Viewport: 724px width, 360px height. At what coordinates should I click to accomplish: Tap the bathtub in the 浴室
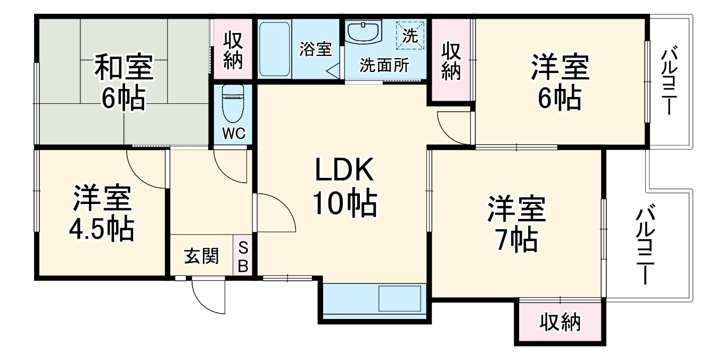pos(275,48)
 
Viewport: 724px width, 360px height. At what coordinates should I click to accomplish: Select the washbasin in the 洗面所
pos(364,33)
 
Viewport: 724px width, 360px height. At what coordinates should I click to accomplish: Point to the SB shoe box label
pos(243,256)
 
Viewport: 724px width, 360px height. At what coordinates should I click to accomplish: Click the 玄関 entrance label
pos(202,257)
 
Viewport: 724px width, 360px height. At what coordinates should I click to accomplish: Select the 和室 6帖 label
pos(124,83)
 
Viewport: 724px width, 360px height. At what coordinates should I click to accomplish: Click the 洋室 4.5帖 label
pos(101,213)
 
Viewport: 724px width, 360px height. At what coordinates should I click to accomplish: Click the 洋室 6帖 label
pos(560,83)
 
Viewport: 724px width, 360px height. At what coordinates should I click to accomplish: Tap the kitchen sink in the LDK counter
pos(399,299)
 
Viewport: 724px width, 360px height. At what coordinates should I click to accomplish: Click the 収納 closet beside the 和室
pos(233,49)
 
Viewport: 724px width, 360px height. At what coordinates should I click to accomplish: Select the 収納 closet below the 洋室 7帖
pos(560,323)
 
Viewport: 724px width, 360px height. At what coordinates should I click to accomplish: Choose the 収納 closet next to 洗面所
pos(450,60)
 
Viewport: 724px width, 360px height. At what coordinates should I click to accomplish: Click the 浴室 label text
pos(315,49)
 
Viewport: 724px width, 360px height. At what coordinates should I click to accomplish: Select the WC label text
pos(233,133)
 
